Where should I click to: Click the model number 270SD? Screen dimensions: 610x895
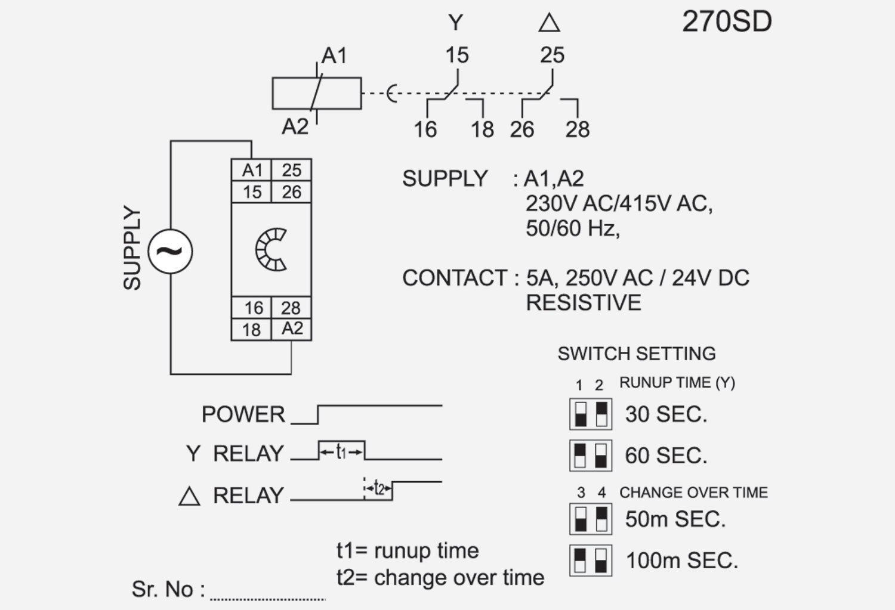pos(727,22)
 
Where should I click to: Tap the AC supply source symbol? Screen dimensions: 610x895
pos(170,252)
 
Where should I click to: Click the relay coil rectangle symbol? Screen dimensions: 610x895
pos(316,93)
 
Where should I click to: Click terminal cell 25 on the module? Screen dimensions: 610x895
pos(291,170)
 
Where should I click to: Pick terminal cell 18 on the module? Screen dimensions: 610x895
pos(251,330)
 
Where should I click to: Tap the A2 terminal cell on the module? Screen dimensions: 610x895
pos(292,329)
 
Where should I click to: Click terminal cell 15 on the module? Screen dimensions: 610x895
pos(252,192)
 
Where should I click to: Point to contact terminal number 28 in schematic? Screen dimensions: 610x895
pos(577,129)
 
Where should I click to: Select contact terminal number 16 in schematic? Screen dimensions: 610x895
pos(425,129)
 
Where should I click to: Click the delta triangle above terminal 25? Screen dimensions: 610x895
pos(549,23)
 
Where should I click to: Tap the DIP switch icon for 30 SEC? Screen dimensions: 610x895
pos(591,414)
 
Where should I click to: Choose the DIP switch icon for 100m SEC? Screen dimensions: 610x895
pos(591,561)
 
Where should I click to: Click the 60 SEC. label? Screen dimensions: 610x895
pos(666,456)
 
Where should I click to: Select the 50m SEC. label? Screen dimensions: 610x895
pos(675,519)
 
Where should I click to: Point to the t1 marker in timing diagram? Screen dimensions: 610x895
pos(341,453)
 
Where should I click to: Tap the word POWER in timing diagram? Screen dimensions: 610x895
pos(243,414)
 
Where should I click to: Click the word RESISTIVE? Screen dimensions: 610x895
pos(583,303)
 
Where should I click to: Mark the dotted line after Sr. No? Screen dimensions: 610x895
pos(267,598)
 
